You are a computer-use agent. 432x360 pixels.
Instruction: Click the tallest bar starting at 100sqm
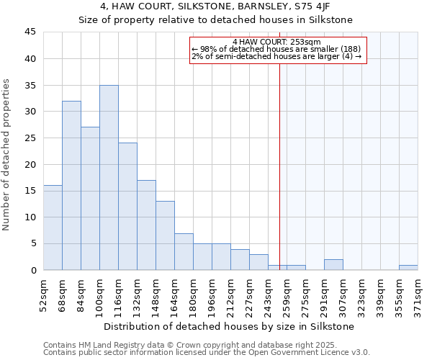click(x=109, y=178)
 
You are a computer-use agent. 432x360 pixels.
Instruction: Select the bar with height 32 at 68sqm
click(x=71, y=186)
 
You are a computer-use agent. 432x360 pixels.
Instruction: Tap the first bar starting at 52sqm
click(x=53, y=228)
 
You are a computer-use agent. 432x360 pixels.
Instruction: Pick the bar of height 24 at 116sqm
click(x=127, y=207)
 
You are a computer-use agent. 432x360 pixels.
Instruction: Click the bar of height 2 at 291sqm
click(x=333, y=265)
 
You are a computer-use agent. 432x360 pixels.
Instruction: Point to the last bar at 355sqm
click(x=408, y=268)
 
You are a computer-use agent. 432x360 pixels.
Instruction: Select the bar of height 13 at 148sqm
click(x=165, y=235)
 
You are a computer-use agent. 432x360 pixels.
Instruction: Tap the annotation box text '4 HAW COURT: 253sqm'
click(x=278, y=42)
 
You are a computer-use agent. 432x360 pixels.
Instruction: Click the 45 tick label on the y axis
click(x=30, y=32)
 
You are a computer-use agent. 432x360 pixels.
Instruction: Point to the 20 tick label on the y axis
click(x=30, y=164)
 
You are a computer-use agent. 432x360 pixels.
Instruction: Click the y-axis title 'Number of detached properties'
click(x=7, y=155)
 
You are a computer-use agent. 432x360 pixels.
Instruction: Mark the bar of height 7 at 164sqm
click(x=184, y=251)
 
